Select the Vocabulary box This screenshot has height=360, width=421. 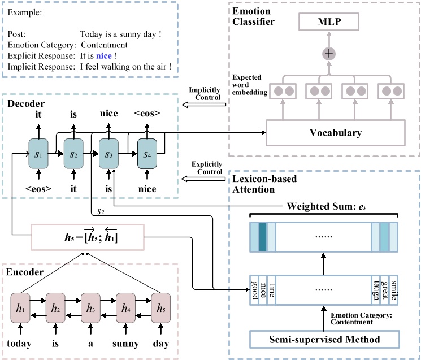[x=335, y=133]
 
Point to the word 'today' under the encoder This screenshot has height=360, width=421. [x=20, y=343]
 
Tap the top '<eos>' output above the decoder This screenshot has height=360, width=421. [x=147, y=114]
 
